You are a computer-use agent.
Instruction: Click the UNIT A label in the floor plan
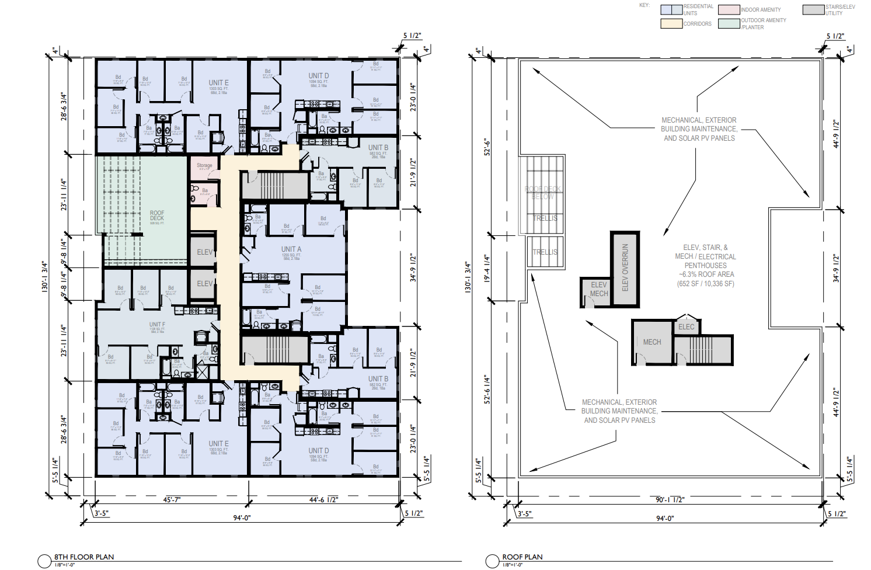291,249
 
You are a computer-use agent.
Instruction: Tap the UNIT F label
157,324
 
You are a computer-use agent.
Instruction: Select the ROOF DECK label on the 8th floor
157,216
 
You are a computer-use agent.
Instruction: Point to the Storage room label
204,165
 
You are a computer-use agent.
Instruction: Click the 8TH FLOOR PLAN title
84,557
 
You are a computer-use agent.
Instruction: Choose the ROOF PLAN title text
522,557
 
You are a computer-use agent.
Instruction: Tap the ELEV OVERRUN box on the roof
625,268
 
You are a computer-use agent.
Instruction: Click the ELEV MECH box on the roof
599,289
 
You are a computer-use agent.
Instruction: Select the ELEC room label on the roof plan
687,327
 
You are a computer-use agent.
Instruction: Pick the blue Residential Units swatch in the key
671,10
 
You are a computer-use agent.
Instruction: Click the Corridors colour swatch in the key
671,24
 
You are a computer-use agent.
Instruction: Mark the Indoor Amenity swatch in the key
729,10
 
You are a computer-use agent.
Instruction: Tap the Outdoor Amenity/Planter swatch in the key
729,24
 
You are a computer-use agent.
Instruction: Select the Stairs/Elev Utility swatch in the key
813,10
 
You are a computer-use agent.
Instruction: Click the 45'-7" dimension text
172,500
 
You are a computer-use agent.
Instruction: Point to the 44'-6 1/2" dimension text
323,500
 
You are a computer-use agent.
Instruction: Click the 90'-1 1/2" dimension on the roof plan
670,500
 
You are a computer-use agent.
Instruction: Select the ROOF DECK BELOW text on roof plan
542,193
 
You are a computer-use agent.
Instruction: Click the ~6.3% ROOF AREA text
706,274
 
